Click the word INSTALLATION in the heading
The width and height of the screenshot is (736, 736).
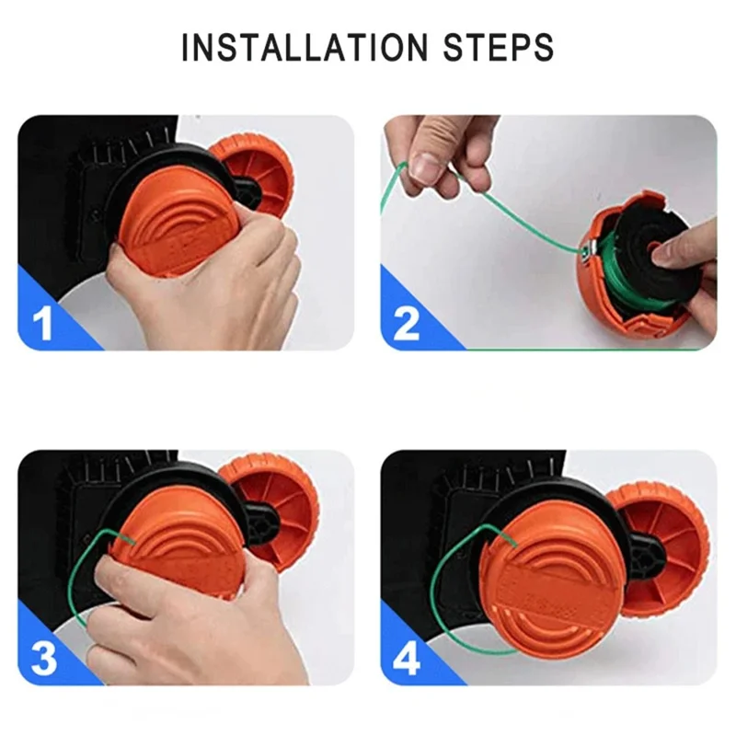[305, 48]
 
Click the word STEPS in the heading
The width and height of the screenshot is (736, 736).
[498, 48]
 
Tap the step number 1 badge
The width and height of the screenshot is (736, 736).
[43, 324]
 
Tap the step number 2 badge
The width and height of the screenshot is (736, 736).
[406, 324]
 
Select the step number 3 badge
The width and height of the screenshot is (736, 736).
[44, 659]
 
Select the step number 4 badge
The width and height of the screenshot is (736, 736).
[407, 659]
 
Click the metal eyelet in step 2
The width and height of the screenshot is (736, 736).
[586, 248]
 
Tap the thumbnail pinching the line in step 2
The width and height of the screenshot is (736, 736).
[422, 167]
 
